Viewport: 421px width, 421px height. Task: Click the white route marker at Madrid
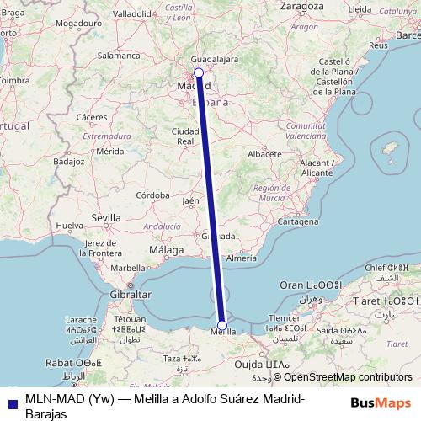coord(198,73)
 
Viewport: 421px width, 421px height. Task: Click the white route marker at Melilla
coord(222,325)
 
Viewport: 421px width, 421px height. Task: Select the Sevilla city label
coord(106,217)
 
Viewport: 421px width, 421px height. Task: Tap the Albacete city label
coord(264,155)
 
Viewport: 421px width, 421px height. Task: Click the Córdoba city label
coord(154,195)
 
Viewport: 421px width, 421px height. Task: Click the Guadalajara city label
coord(216,60)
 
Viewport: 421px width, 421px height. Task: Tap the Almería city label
coord(241,259)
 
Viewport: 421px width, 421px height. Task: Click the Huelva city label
coord(69,226)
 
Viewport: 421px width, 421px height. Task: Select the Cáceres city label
coord(90,116)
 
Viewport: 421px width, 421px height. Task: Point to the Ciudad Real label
coord(185,136)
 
